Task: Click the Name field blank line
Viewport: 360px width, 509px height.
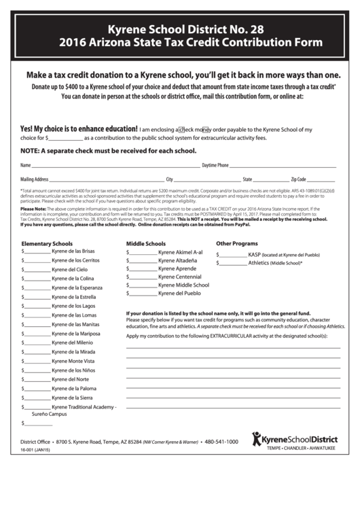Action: (x=115, y=166)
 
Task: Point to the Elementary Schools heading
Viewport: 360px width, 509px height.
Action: (x=47, y=243)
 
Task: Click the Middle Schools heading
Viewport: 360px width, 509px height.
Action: (x=146, y=243)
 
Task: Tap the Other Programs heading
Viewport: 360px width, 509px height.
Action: (x=237, y=243)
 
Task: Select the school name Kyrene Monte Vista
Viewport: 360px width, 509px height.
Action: (x=73, y=362)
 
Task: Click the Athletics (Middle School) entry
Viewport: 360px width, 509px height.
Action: (x=275, y=262)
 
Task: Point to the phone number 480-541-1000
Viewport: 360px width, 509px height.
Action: (x=221, y=441)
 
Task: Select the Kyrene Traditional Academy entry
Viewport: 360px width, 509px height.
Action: (x=84, y=406)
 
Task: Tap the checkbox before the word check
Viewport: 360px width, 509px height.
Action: (x=181, y=128)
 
